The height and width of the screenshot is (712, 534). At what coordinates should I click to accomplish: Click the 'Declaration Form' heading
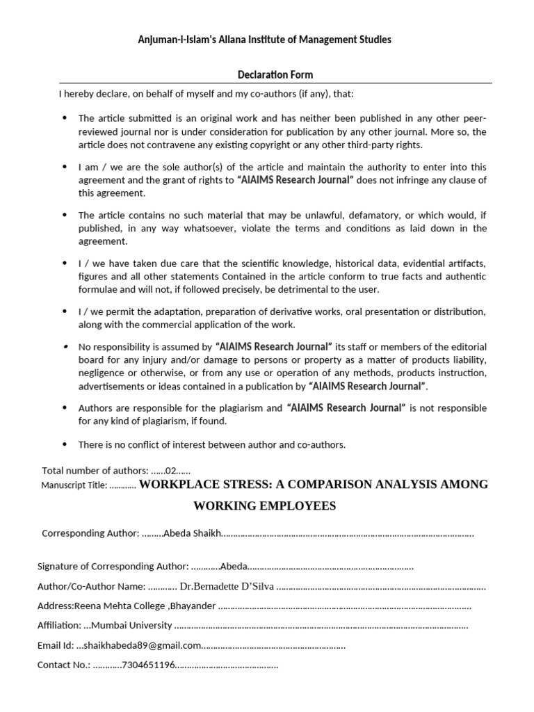click(x=276, y=74)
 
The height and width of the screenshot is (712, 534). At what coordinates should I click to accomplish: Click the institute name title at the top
click(x=264, y=40)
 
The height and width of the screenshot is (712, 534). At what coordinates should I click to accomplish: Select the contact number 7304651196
click(x=147, y=665)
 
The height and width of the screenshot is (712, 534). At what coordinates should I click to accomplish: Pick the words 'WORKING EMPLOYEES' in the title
click(x=264, y=506)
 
